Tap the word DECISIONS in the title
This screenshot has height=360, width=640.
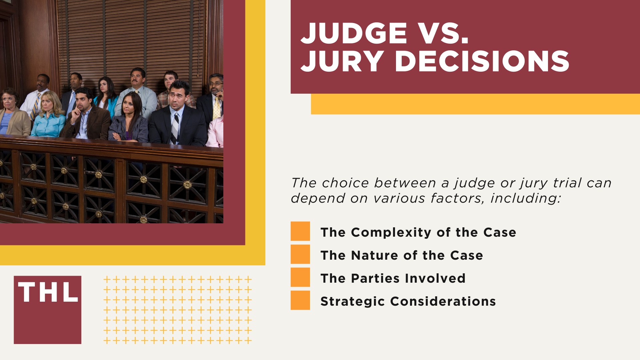482,62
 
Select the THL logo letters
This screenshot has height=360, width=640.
48,292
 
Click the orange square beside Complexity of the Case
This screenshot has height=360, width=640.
300,231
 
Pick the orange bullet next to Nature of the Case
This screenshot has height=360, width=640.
300,254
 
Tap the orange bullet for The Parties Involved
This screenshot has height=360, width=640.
300,277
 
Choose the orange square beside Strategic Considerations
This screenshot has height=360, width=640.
300,300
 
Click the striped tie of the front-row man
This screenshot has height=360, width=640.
175,128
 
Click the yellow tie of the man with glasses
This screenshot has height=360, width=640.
217,107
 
